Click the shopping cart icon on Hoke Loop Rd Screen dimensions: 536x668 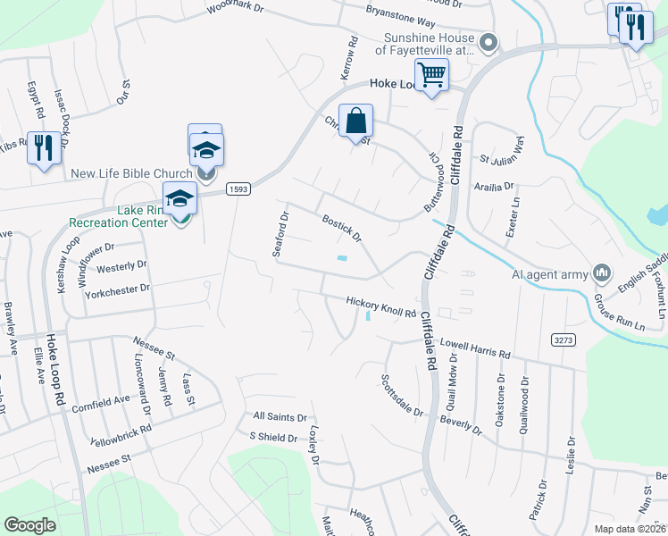(x=432, y=74)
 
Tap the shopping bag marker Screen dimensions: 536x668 (x=355, y=121)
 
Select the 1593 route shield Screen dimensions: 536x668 (x=238, y=188)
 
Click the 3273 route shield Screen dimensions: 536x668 (x=563, y=339)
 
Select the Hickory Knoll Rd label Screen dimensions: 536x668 (x=381, y=308)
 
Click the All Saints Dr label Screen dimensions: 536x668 (x=280, y=417)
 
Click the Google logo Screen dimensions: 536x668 (x=29, y=525)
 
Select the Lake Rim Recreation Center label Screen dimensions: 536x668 (x=119, y=215)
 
